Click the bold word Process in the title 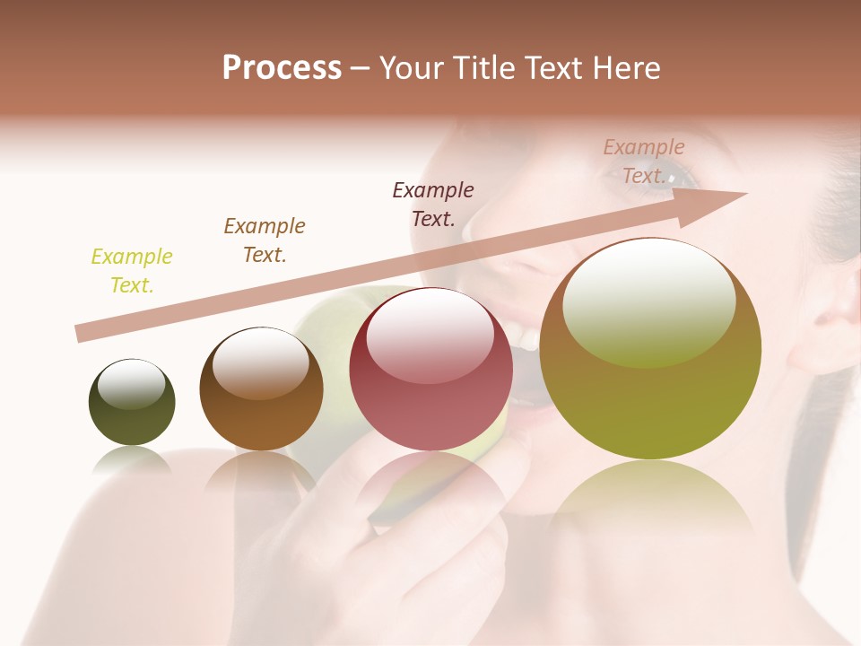tap(282, 68)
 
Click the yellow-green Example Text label tap(132, 271)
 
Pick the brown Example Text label tap(265, 240)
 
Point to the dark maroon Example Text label tap(433, 204)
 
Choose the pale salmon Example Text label tap(644, 161)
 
